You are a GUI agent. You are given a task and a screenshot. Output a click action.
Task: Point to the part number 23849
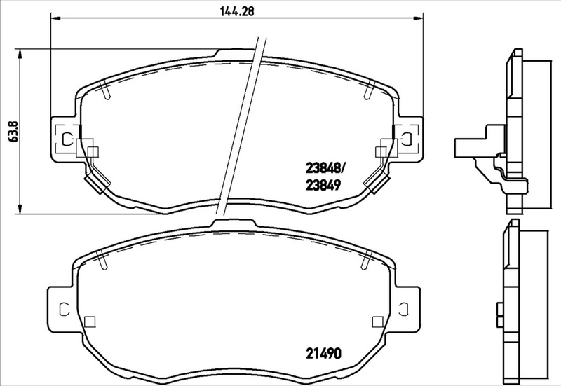(x=324, y=186)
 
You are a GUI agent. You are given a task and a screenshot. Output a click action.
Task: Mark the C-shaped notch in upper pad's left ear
(x=67, y=139)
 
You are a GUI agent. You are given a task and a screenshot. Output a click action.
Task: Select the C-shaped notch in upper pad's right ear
(x=405, y=138)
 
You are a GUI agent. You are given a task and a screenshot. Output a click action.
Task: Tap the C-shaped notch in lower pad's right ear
(x=405, y=308)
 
